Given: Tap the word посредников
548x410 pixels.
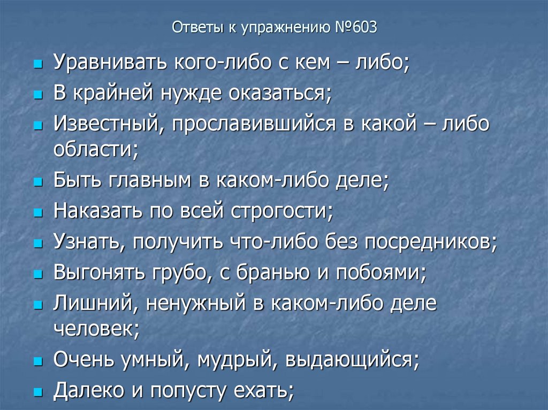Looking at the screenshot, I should [429, 242].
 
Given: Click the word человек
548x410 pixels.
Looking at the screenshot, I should [95, 328].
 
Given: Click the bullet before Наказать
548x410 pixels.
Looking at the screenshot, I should [38, 212].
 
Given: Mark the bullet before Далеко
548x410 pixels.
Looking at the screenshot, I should [38, 392].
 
